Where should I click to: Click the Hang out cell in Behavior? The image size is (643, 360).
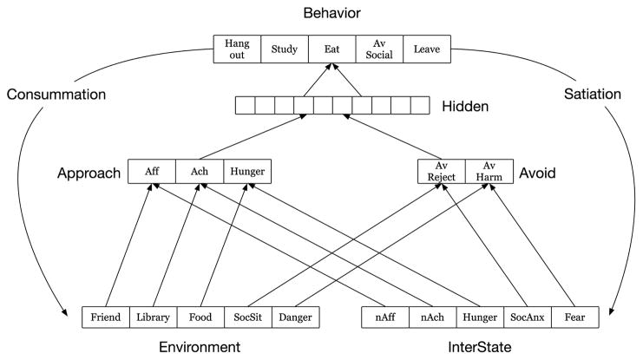(237, 49)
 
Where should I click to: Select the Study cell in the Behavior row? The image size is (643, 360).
(285, 49)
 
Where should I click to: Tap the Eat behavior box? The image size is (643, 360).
(332, 49)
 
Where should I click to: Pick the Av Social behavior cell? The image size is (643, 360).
(379, 49)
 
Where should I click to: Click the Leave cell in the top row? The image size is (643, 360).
(427, 49)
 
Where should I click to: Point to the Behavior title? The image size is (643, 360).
(331, 14)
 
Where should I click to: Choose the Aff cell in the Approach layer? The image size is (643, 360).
(151, 172)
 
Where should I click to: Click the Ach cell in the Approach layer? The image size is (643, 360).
(199, 172)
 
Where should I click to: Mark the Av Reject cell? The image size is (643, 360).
(441, 172)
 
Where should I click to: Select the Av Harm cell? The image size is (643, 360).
(489, 172)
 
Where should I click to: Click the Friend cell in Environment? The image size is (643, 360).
(105, 317)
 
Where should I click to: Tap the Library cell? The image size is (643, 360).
(153, 317)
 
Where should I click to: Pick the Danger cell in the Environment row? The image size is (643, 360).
(295, 317)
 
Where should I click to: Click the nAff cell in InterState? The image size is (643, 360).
(385, 317)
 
